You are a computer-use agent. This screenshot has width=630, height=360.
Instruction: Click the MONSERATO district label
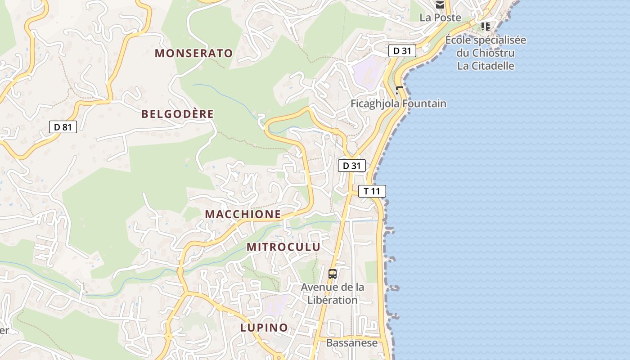tap(194, 53)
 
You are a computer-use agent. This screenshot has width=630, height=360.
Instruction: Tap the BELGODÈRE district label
tap(177, 114)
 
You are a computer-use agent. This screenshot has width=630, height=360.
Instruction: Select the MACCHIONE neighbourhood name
tap(243, 214)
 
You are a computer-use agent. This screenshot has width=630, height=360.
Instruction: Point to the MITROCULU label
tap(283, 247)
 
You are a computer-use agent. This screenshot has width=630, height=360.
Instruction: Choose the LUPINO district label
tap(264, 328)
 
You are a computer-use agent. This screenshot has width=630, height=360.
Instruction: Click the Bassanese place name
tap(352, 343)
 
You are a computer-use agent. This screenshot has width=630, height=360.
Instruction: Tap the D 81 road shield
tap(63, 127)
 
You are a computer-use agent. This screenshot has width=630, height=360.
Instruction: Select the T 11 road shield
tap(372, 191)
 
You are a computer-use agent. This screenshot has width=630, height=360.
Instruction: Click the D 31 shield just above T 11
tap(352, 166)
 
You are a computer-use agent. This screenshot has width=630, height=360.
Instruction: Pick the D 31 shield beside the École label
tap(402, 51)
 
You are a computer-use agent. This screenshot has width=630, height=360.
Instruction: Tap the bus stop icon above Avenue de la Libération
tap(333, 274)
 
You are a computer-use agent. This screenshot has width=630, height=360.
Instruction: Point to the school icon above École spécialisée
tap(485, 27)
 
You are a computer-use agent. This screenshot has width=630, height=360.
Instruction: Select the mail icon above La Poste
tap(440, 5)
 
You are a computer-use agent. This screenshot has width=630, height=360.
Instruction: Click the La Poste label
tap(441, 18)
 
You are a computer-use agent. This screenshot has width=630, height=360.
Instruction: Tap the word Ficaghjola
tap(375, 104)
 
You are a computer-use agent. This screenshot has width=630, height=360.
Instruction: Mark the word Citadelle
tap(492, 66)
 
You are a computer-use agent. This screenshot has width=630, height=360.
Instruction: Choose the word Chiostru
tap(494, 53)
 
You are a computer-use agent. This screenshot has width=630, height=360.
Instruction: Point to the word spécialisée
tap(500, 40)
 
